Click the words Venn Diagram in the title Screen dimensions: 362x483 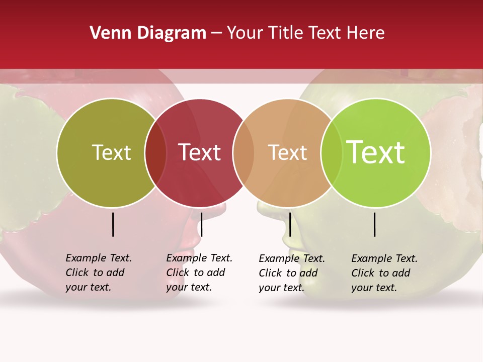coord(148,33)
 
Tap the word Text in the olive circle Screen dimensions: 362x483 coord(111,152)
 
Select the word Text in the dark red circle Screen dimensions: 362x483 coord(200,152)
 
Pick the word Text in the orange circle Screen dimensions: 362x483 coord(287,152)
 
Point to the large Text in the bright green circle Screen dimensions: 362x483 coord(376,152)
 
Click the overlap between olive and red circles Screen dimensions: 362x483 coord(155,153)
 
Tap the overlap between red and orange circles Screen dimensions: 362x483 coord(244,153)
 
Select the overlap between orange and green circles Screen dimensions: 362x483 coord(332,153)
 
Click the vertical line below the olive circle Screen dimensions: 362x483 coord(113,224)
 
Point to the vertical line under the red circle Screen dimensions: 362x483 coord(201,224)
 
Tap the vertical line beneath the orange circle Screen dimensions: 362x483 coord(290,224)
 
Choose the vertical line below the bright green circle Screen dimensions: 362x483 coord(375,224)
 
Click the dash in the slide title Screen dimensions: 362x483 coord(216,33)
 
